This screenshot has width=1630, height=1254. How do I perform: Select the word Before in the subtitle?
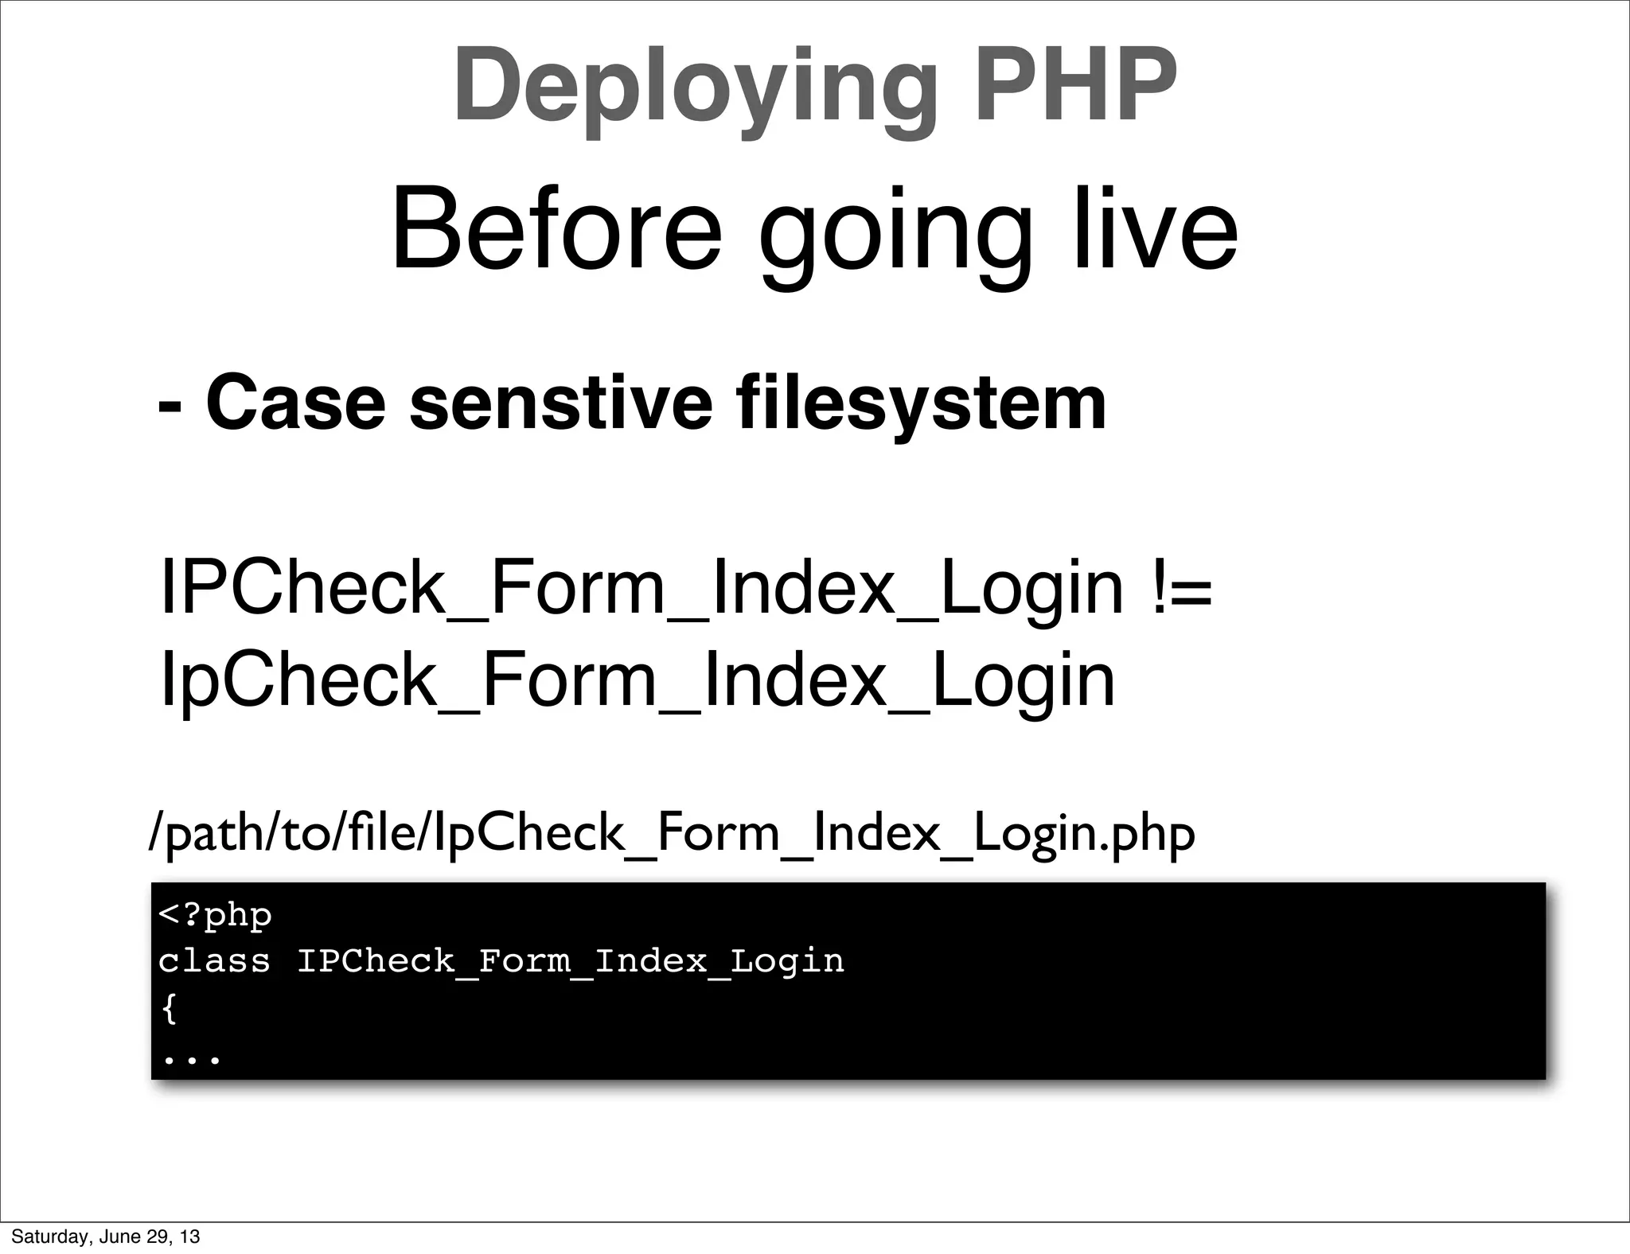[556, 229]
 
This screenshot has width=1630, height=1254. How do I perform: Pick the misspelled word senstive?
[560, 403]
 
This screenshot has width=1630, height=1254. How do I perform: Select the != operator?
[1181, 590]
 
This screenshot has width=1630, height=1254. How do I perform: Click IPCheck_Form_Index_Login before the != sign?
[641, 590]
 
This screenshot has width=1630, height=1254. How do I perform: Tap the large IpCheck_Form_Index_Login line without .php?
[637, 681]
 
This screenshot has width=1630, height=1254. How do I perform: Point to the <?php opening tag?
[215, 915]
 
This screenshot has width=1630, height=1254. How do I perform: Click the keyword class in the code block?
[213, 961]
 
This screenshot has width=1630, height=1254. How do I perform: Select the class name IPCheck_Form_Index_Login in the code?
[570, 961]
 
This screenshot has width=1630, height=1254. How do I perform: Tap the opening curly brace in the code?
[168, 1010]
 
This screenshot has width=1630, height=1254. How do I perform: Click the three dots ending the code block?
[191, 1059]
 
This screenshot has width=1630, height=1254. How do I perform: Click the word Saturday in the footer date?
[45, 1236]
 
